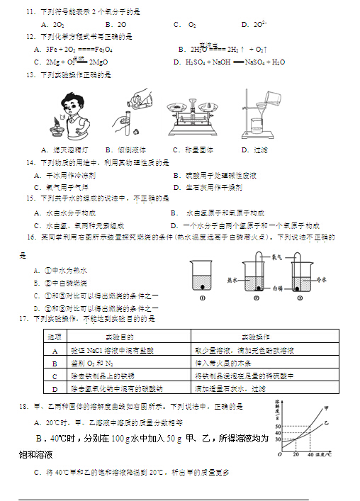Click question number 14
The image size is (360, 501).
[29, 162]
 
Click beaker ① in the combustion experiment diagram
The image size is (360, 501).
[202, 278]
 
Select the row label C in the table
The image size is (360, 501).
[54, 376]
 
